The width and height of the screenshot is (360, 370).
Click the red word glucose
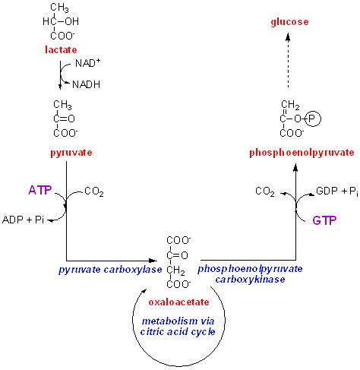[x=289, y=22]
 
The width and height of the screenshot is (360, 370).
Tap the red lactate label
[x=61, y=49]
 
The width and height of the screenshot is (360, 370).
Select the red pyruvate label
[x=71, y=153]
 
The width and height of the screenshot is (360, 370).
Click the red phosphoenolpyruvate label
[x=302, y=153]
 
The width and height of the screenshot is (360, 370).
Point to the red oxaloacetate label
[x=178, y=302]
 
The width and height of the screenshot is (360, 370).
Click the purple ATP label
[x=40, y=190]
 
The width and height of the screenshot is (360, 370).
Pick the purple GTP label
[x=324, y=220]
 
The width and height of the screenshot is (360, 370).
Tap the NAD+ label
[x=88, y=63]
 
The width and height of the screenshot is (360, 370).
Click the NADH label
[x=86, y=84]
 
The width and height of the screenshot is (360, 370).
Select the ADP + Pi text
[x=23, y=220]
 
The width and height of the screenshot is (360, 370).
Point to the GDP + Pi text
[x=337, y=191]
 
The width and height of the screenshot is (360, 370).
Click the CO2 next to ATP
[x=94, y=191]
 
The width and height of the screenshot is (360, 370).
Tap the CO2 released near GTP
[x=265, y=191]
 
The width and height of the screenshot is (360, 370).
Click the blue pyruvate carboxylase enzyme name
[x=110, y=270]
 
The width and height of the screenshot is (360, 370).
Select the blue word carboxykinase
[x=250, y=280]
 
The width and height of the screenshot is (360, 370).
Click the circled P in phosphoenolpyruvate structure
[x=313, y=119]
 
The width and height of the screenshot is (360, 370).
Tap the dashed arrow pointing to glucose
[x=288, y=60]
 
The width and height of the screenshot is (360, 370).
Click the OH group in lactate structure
[x=72, y=21]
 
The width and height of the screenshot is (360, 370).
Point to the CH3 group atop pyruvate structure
[x=62, y=105]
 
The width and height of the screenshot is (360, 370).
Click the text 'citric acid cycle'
[x=178, y=332]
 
